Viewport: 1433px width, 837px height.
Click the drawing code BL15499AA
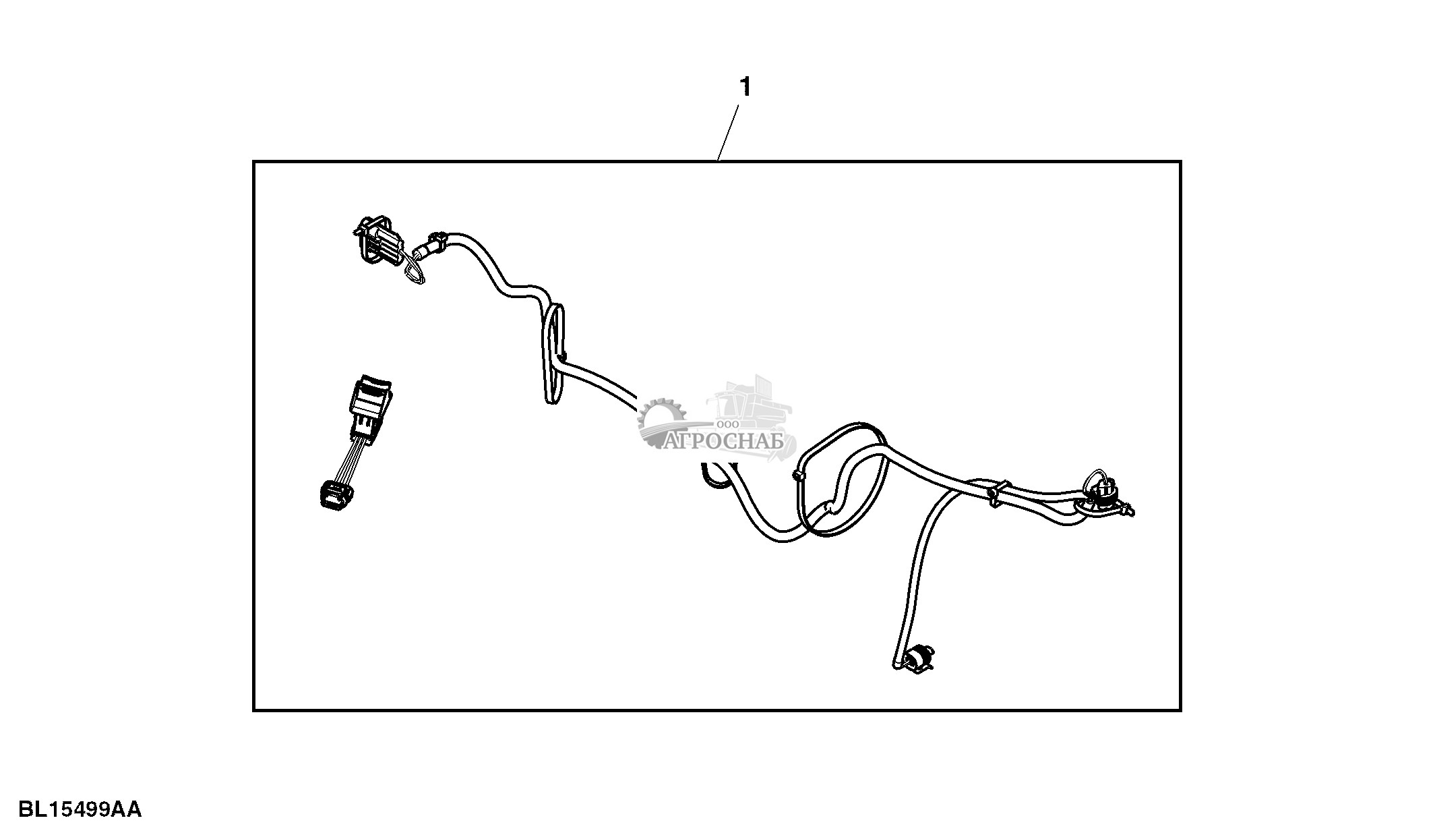coord(80,809)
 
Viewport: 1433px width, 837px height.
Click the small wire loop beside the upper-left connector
coord(415,272)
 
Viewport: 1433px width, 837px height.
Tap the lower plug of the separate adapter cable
coord(333,494)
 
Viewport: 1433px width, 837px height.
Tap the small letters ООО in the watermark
coord(728,424)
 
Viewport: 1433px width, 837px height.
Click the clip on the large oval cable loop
coord(798,477)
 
